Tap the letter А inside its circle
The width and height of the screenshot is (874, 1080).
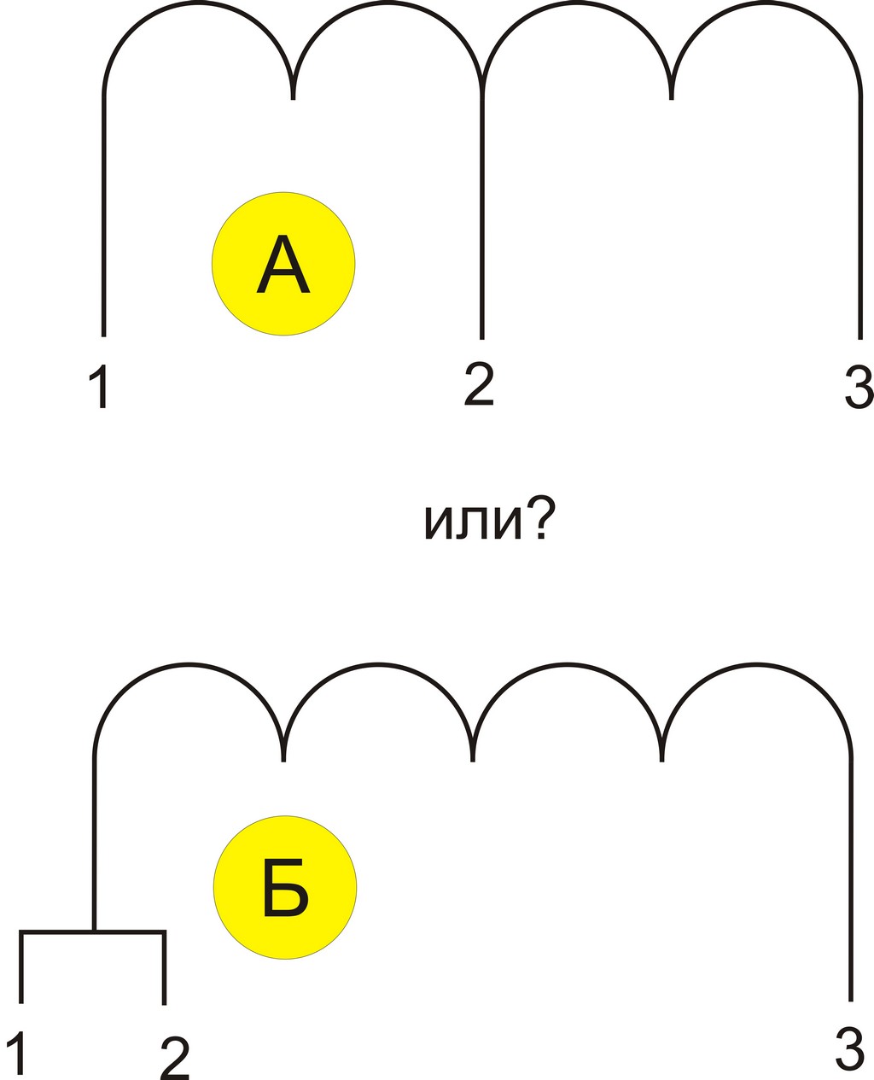click(283, 265)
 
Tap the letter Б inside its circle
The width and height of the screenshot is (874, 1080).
click(285, 889)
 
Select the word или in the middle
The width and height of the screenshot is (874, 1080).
click(472, 522)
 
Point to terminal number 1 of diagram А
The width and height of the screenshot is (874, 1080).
click(100, 387)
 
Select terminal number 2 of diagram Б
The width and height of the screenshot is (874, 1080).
click(174, 1058)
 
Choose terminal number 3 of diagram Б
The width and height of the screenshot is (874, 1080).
click(851, 1048)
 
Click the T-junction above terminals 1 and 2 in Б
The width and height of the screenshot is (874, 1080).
click(94, 931)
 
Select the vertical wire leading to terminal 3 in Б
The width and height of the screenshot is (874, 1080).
click(851, 879)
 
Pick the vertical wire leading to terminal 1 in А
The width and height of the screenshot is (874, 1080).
click(104, 213)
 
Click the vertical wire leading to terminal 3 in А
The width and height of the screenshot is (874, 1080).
click(860, 213)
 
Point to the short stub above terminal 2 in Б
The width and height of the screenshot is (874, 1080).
click(164, 969)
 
